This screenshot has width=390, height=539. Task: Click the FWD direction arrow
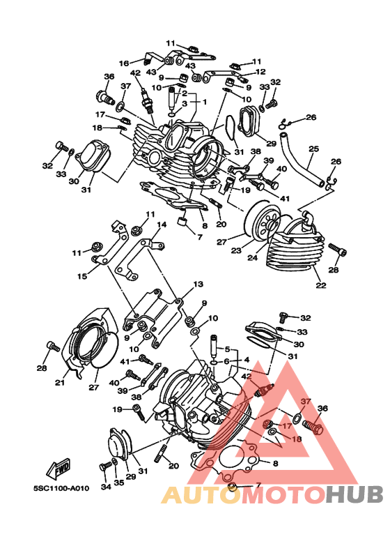[58, 469]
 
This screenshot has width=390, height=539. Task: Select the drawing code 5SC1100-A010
[61, 488]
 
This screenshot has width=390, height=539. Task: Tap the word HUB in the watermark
[354, 494]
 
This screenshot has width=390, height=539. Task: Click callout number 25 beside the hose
[313, 149]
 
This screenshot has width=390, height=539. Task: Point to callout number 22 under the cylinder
[321, 285]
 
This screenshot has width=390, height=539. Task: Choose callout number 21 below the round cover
[60, 381]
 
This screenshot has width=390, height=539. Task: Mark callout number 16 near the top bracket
[124, 63]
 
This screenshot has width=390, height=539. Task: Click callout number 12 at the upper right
[260, 72]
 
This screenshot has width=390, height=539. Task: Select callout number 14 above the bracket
[162, 225]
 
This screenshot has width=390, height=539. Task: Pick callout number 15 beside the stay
[82, 276]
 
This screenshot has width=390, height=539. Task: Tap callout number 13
[198, 284]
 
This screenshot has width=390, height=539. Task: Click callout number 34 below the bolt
[106, 487]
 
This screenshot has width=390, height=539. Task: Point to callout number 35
[119, 483]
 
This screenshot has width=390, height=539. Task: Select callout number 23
[236, 250]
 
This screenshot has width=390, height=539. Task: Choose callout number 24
[252, 257]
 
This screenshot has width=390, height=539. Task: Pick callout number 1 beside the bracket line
[205, 102]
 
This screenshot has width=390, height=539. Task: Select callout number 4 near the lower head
[247, 360]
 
